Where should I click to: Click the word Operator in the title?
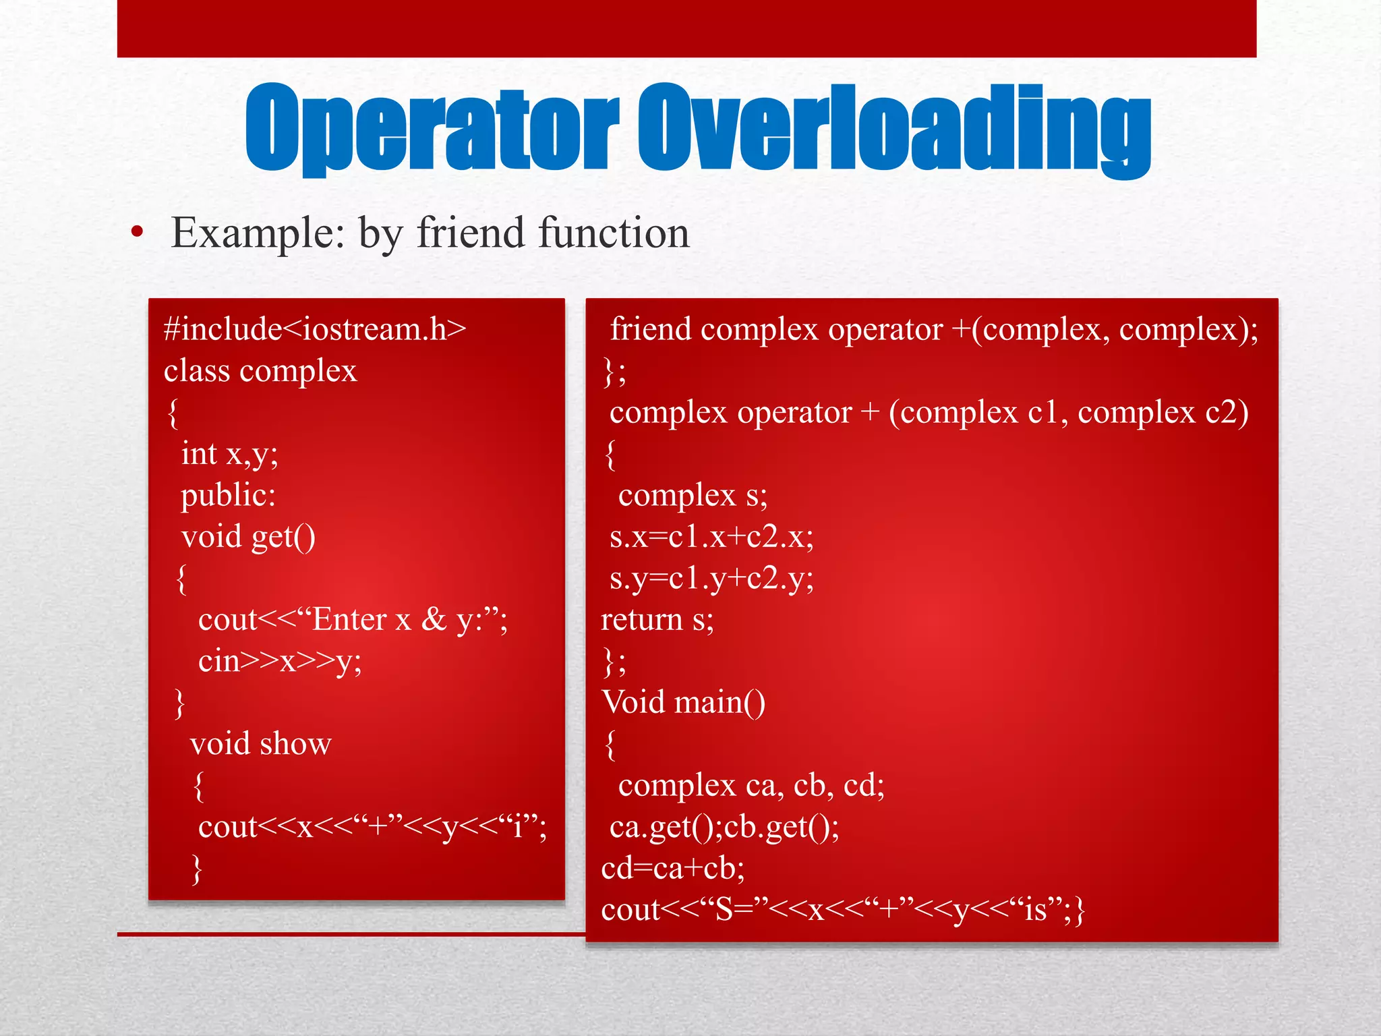click(x=432, y=128)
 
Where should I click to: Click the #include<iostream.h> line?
click(x=315, y=329)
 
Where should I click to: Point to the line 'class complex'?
click(x=260, y=371)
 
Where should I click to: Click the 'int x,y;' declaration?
click(x=229, y=454)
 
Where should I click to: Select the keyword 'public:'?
click(x=228, y=495)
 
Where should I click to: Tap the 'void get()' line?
click(x=248, y=537)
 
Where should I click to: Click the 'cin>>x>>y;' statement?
click(x=280, y=661)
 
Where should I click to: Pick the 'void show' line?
click(x=261, y=744)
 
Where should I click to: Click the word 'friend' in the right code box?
click(x=651, y=329)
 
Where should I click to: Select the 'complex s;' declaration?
click(x=693, y=496)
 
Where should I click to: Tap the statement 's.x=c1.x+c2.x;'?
click(x=711, y=537)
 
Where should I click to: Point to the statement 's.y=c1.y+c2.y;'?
click(x=711, y=579)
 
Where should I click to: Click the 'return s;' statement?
click(x=657, y=619)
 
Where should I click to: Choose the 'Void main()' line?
click(x=683, y=703)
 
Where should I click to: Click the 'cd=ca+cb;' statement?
click(x=673, y=868)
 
